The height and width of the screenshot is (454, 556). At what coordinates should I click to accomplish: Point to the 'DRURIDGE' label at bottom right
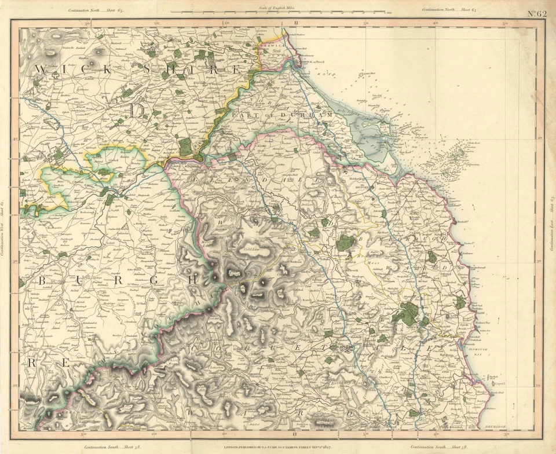pos(493,427)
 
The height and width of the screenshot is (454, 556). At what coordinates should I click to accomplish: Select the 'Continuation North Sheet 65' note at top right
pos(449,9)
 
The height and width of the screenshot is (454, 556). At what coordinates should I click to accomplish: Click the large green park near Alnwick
pos(408,313)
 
